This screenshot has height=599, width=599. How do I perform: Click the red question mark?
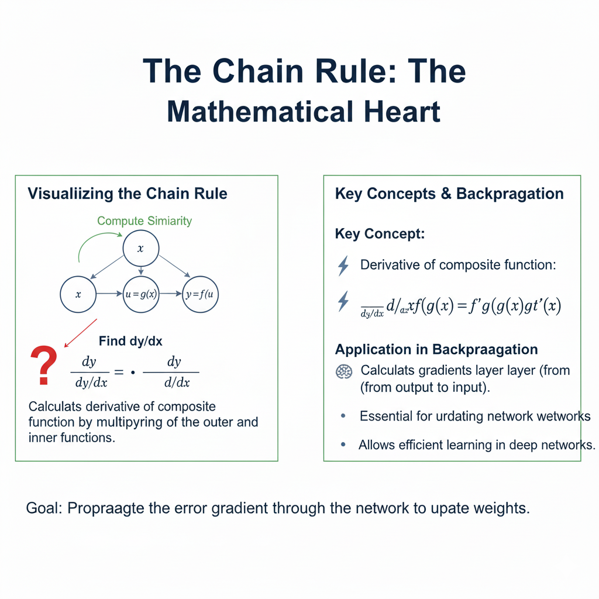(x=44, y=365)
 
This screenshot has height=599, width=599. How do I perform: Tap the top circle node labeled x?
(x=140, y=249)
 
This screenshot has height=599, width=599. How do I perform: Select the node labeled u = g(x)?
(x=141, y=294)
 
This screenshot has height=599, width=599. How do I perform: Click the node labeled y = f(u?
(x=201, y=294)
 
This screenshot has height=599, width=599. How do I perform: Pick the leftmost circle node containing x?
(x=78, y=294)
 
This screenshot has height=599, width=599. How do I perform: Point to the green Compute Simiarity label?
(x=144, y=221)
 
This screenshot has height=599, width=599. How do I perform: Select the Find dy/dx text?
(x=130, y=341)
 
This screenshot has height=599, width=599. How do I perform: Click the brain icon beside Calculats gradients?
(x=344, y=371)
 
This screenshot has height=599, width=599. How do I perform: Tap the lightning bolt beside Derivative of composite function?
(x=344, y=266)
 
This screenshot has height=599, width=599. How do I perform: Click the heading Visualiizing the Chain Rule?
(x=128, y=194)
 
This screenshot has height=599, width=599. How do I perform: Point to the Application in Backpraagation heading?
(x=436, y=350)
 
